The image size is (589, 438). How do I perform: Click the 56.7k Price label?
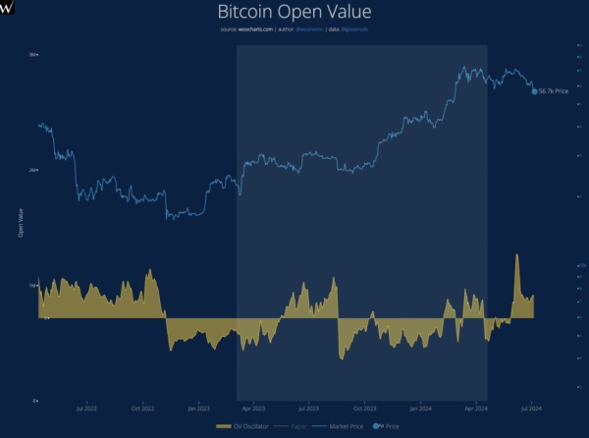pos(556,90)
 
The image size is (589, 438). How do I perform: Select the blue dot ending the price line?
pos(534,90)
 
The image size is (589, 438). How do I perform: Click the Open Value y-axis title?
pos(20,223)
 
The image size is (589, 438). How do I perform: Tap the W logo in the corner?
pos(8,8)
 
